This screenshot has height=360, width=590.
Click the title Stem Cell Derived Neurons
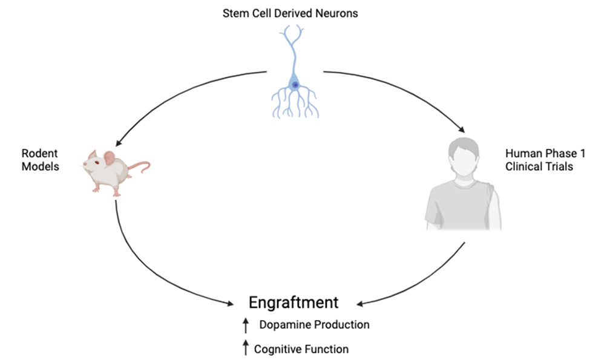(x=290, y=13)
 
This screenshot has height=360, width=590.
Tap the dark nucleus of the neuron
(x=295, y=85)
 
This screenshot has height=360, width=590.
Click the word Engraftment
(x=293, y=303)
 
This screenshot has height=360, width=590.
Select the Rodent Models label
(x=40, y=160)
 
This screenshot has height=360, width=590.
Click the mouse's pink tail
(x=139, y=166)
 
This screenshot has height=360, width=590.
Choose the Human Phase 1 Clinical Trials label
(x=539, y=160)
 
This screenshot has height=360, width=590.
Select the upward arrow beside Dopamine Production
(x=246, y=326)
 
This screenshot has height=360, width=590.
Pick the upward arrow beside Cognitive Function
(x=246, y=348)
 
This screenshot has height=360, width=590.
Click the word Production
(x=343, y=325)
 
